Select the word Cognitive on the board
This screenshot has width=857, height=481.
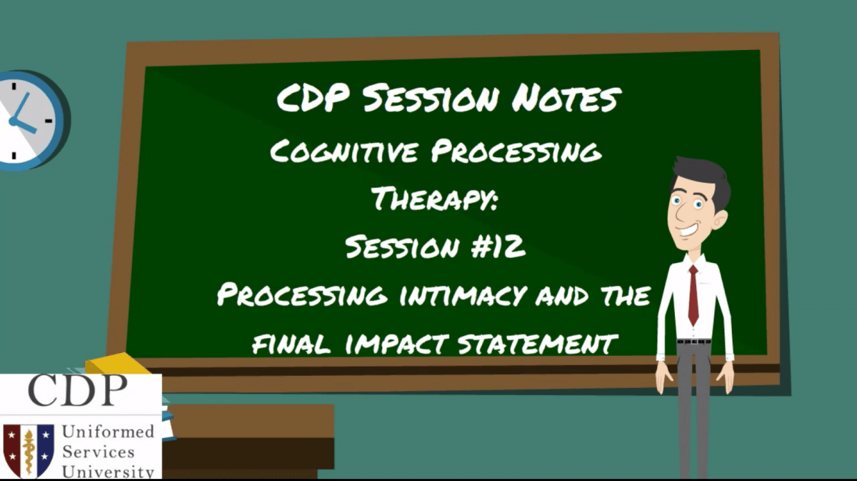point(339,152)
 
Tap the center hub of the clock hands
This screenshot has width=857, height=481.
point(13,120)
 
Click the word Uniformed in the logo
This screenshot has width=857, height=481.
point(108,432)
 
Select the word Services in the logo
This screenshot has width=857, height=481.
point(98,452)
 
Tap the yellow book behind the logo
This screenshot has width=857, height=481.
point(114,363)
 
